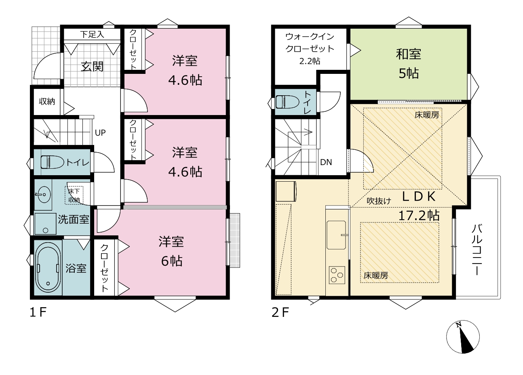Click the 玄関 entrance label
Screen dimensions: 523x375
[x=92, y=67]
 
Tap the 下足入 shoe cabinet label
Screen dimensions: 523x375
[x=92, y=35]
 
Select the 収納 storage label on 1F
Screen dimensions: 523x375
[x=47, y=101]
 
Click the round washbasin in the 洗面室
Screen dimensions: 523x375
[x=43, y=194]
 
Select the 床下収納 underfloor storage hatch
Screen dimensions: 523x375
[x=74, y=195]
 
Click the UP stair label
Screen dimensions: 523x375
[x=100, y=133]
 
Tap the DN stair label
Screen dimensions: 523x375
[x=326, y=162]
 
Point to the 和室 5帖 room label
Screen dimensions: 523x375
[x=408, y=63]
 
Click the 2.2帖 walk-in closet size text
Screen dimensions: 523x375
[x=310, y=61]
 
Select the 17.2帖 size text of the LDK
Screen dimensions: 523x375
[x=419, y=216]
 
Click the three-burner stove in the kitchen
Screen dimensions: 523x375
[x=337, y=275]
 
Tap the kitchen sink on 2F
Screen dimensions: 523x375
[x=336, y=235]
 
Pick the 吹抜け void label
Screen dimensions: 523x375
[x=379, y=201]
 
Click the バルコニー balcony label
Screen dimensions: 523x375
[x=477, y=249]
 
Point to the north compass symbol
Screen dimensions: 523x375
[x=463, y=337]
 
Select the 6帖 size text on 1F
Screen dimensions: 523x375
[x=172, y=261]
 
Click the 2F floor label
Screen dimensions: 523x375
[x=280, y=313]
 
